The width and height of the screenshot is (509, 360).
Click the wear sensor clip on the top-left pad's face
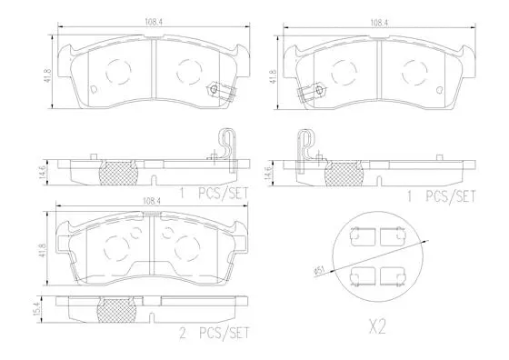216,90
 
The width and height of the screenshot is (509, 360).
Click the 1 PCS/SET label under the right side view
440,195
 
